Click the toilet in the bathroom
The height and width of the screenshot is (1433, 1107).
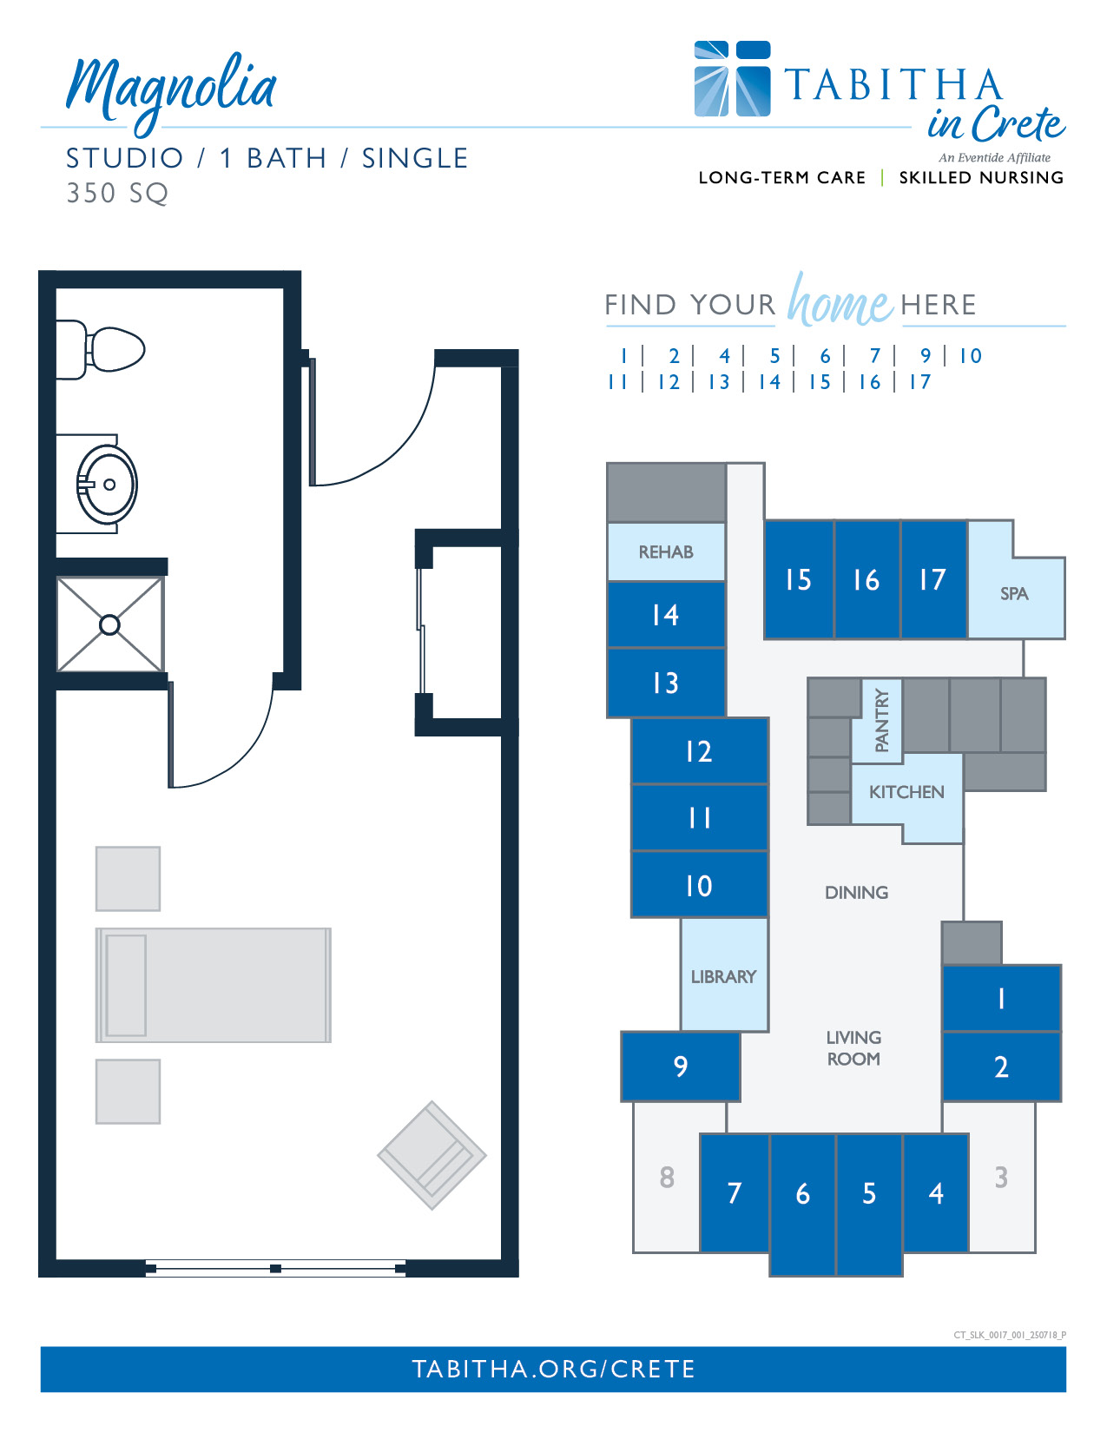click(99, 349)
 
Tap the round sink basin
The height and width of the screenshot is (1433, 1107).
click(107, 485)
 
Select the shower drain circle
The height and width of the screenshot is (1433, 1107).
click(109, 624)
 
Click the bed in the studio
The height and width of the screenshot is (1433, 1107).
click(213, 985)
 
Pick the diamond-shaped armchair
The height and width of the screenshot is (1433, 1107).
click(432, 1155)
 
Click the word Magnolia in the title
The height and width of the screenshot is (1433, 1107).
click(170, 91)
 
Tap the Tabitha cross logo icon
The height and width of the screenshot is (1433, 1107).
click(732, 78)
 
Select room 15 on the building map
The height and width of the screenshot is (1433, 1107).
click(799, 579)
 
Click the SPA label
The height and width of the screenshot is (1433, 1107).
click(1013, 593)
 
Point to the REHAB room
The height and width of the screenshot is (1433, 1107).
click(666, 552)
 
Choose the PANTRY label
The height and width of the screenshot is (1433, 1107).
click(881, 720)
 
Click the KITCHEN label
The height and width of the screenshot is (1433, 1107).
click(906, 791)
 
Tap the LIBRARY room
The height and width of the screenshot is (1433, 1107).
click(724, 974)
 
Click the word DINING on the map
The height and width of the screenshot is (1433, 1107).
click(856, 892)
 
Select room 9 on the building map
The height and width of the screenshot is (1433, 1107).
click(681, 1066)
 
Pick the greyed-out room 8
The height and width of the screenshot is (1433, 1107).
click(667, 1177)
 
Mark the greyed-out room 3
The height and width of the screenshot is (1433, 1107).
click(1001, 1177)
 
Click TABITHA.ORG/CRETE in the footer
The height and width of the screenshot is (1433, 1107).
click(553, 1369)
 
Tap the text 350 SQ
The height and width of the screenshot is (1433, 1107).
click(117, 193)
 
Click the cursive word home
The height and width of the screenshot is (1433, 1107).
click(840, 300)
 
